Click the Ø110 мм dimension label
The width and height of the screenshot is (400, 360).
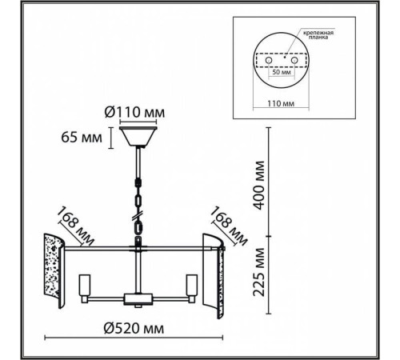[x=134, y=112]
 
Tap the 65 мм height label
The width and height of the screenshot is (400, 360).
[x=82, y=138]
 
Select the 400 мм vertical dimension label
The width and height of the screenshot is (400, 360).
[x=259, y=186]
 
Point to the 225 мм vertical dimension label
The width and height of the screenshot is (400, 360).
[x=259, y=272]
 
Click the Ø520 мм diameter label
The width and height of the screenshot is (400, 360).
[x=134, y=328]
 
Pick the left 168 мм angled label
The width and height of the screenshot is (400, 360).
[x=75, y=226]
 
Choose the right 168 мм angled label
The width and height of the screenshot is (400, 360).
[x=229, y=226]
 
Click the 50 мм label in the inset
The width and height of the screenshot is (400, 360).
[x=281, y=72]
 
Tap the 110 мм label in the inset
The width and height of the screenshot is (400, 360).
[x=281, y=103]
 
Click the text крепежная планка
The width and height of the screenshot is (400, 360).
[x=318, y=35]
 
